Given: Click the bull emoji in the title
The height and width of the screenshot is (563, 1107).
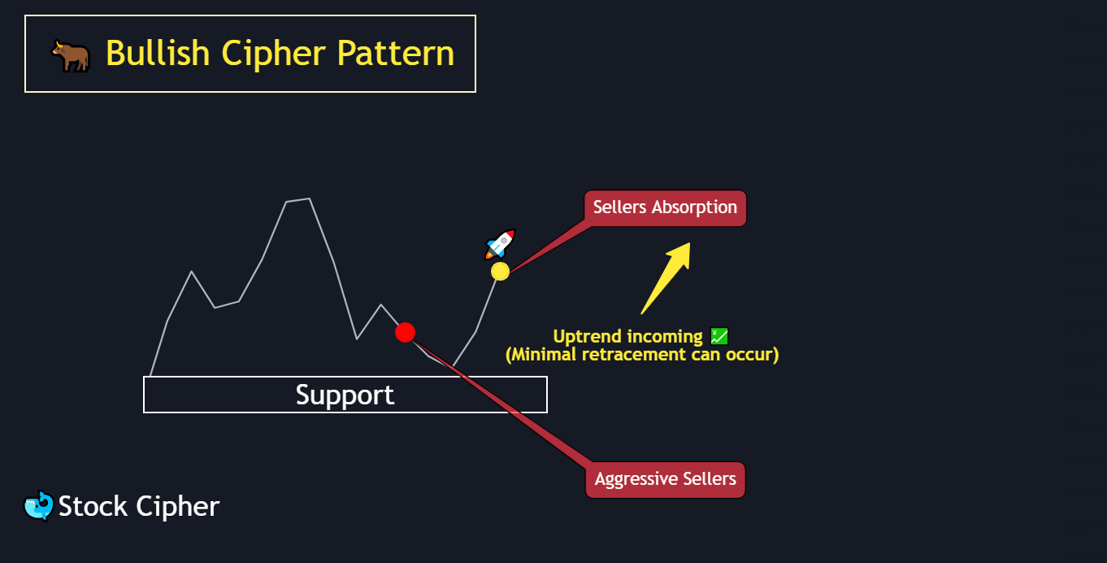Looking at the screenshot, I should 71,55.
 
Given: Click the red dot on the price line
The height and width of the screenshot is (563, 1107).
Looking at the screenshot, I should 405,332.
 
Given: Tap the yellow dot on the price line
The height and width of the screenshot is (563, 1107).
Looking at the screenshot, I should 500,271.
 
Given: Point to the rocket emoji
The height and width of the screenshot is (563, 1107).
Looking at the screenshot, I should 500,244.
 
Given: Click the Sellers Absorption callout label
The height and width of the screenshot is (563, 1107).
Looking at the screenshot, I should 665,207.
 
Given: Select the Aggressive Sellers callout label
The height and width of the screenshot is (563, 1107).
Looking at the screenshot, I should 665,478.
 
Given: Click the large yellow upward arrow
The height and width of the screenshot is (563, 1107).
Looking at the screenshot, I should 666,277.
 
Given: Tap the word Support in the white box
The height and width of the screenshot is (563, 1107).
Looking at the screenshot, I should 345,395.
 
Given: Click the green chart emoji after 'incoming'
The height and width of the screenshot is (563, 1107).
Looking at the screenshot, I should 719,336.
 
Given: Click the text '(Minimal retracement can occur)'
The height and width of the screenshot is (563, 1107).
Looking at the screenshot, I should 642,355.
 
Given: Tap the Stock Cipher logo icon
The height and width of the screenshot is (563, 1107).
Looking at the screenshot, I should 38,506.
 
